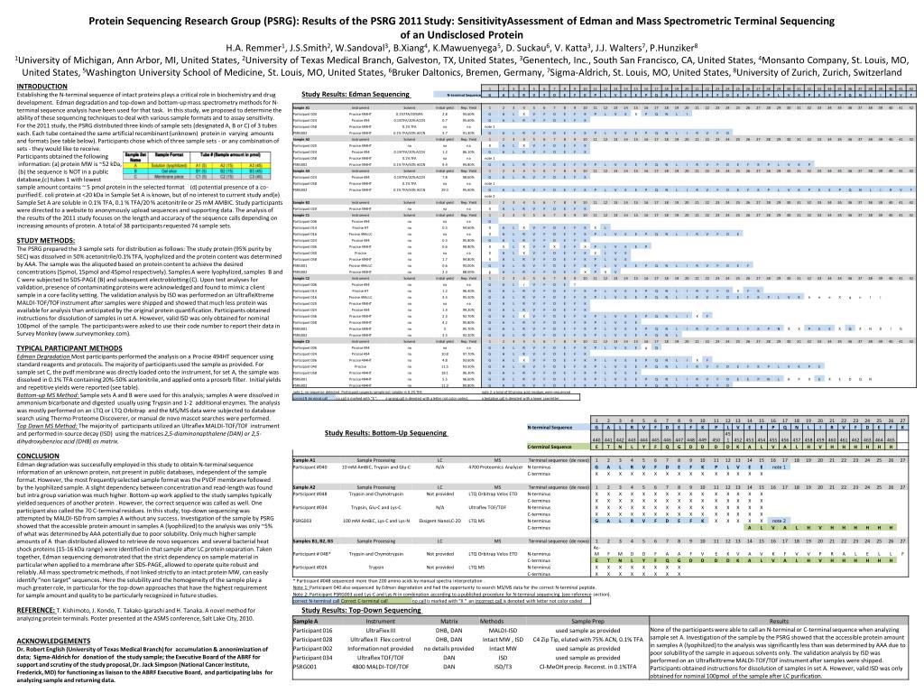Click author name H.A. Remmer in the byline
click(x=254, y=48)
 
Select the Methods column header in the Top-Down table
click(x=492, y=621)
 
